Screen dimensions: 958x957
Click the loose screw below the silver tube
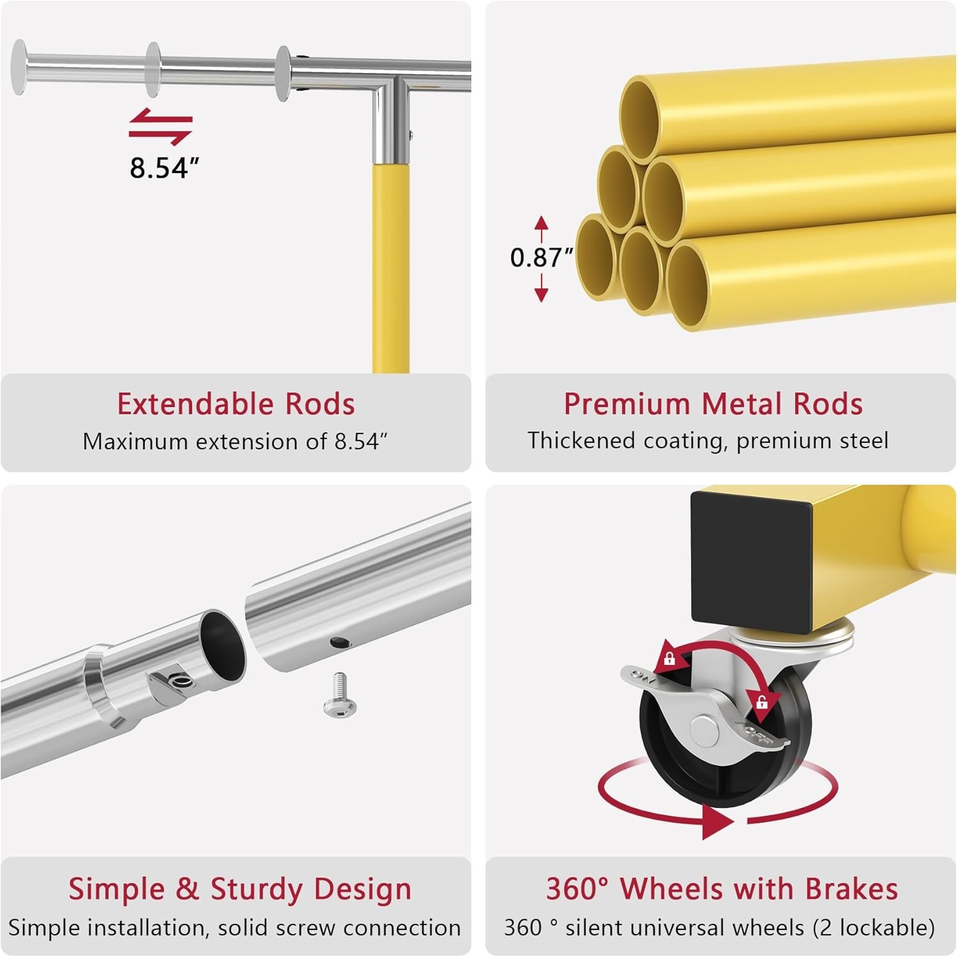(x=340, y=694)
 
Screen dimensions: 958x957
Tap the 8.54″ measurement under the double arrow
(x=164, y=167)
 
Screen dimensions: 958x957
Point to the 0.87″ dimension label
(x=541, y=257)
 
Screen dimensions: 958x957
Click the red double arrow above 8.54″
(x=160, y=127)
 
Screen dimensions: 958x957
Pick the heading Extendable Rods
(x=236, y=404)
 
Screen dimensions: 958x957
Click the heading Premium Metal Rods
(x=713, y=404)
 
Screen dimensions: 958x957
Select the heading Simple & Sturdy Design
(x=240, y=889)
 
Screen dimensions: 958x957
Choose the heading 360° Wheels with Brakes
(x=722, y=889)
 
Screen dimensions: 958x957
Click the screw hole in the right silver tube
(x=337, y=641)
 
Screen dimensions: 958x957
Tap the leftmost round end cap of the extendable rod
(x=20, y=67)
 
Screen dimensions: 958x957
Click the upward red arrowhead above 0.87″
(x=542, y=223)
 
